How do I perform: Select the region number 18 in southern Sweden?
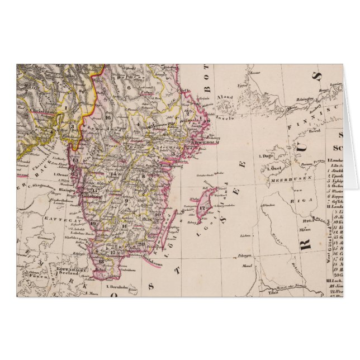101,260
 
